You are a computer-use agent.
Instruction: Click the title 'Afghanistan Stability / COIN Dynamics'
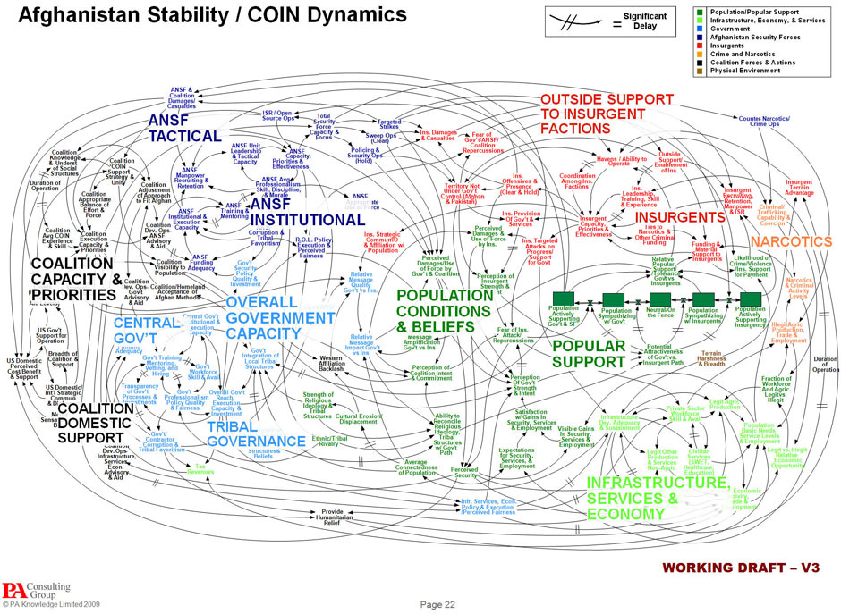pos(213,15)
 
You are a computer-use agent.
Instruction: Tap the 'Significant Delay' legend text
pos(645,21)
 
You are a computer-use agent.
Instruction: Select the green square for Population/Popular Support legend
pos(700,12)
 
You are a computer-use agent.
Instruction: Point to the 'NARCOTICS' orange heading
pos(791,242)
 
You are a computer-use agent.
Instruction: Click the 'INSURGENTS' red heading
pos(679,217)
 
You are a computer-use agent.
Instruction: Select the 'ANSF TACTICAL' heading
pos(183,128)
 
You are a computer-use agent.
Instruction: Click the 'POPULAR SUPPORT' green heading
pos(588,353)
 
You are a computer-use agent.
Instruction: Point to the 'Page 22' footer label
pos(438,605)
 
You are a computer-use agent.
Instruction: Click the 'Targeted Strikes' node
pos(388,124)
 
